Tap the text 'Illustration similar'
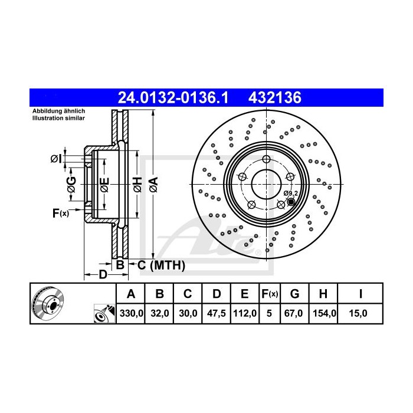click(x=59, y=118)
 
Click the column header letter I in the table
click(x=359, y=293)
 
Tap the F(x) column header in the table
click(x=269, y=293)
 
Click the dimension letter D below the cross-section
click(x=102, y=275)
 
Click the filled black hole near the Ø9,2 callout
click(x=290, y=202)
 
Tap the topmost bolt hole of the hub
click(x=267, y=160)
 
